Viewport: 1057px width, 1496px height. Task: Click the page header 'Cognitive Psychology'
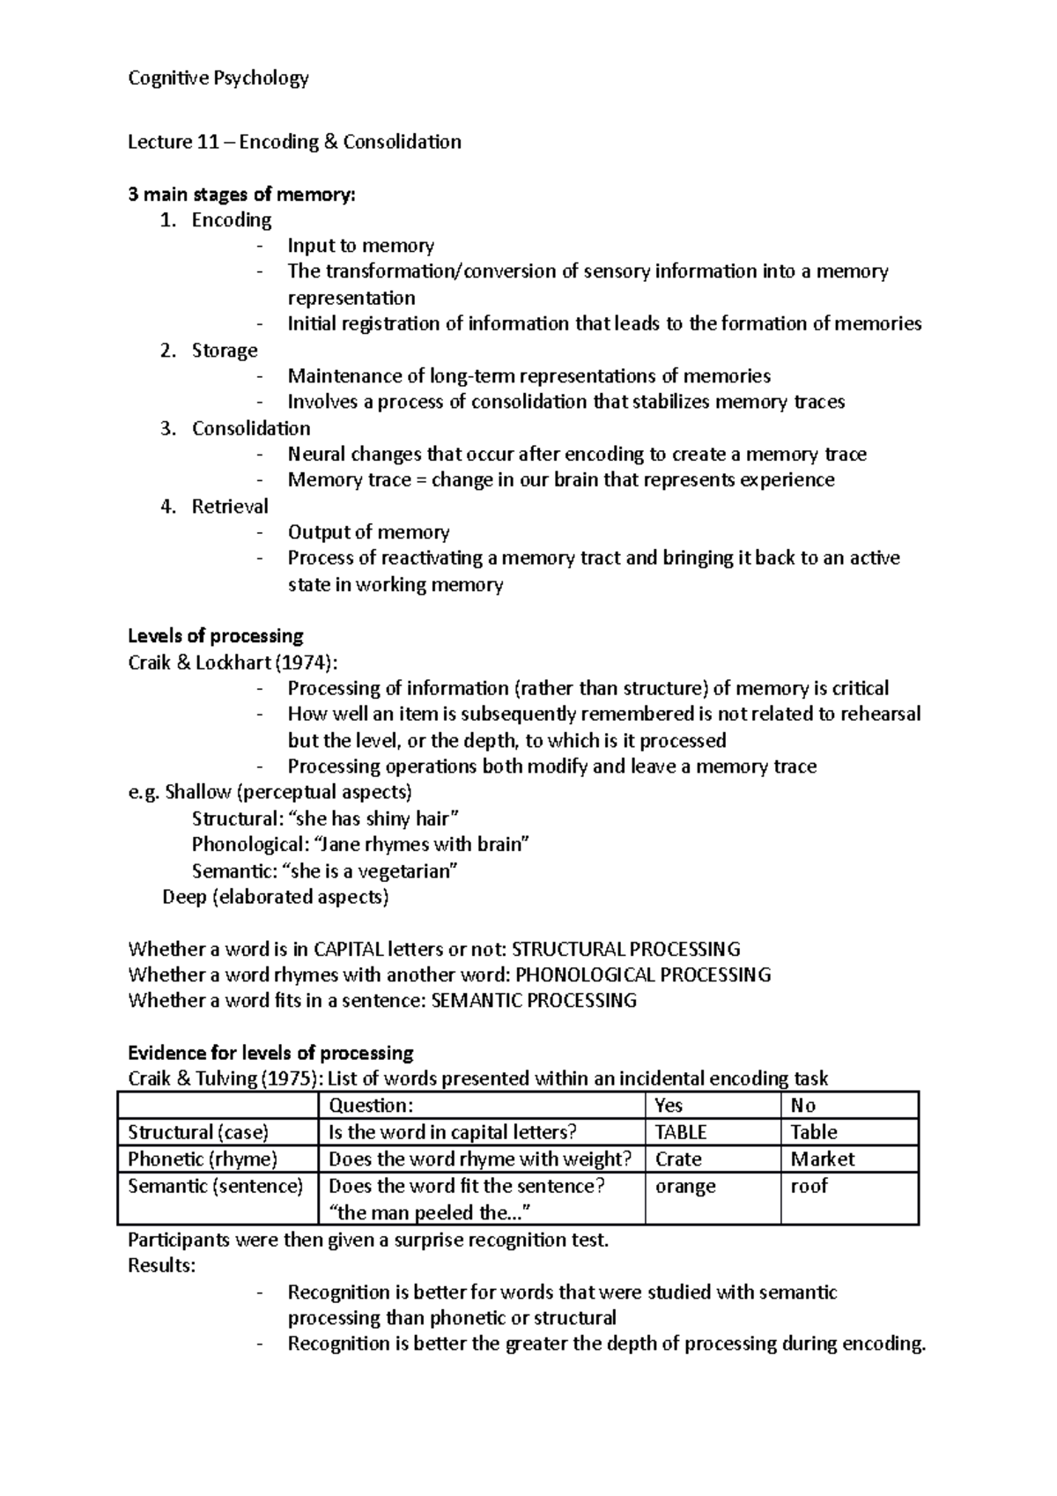point(218,78)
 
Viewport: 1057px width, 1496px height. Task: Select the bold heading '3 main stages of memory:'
point(241,194)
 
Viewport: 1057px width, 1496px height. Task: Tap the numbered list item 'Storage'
point(225,351)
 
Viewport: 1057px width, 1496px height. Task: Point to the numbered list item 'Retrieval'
point(230,507)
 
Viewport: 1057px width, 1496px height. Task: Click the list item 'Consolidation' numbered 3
point(251,428)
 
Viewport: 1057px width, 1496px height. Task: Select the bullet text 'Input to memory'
point(360,246)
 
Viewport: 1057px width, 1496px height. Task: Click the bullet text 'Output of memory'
point(368,532)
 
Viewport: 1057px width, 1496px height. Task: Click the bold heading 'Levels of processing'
point(216,636)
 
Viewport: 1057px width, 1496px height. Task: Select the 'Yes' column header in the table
point(669,1106)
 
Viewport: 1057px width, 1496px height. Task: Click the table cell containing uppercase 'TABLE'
point(681,1132)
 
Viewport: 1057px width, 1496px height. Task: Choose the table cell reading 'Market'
point(823,1159)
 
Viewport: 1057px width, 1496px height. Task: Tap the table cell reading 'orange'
point(685,1186)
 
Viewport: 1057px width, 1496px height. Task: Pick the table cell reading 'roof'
point(809,1186)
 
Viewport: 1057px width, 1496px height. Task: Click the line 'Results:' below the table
point(161,1266)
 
